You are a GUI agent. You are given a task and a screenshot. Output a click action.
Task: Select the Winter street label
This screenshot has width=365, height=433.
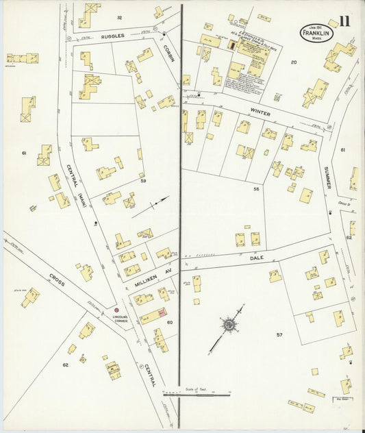[x=260, y=112]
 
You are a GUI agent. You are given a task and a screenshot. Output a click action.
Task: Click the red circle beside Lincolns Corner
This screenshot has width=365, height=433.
[x=117, y=310]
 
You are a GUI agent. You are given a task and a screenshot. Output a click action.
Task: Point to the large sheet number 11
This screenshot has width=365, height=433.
[x=343, y=21]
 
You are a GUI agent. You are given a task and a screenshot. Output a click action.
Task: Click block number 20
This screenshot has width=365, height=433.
[x=293, y=62]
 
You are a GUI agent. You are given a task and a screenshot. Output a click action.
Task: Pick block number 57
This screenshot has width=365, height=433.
[x=279, y=334]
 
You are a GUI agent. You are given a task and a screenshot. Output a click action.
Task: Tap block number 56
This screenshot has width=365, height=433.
[x=256, y=188]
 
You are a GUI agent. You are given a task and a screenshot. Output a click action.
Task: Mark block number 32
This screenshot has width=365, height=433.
[x=119, y=17]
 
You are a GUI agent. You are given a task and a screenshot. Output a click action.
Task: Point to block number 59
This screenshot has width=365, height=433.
[x=143, y=182]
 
